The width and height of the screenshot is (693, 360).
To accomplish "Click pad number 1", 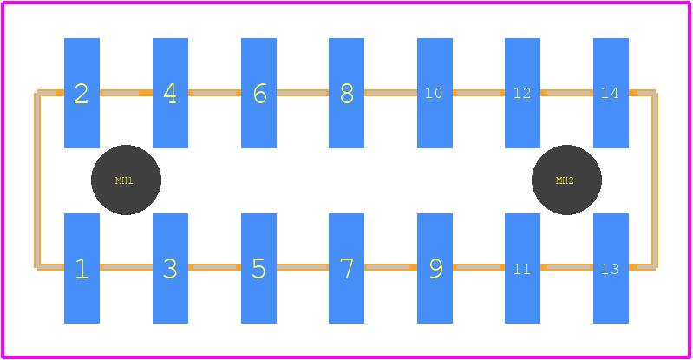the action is pyautogui.click(x=82, y=268).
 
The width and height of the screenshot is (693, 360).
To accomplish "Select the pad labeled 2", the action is pyautogui.click(x=82, y=93).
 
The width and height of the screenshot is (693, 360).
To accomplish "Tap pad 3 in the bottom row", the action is pyautogui.click(x=170, y=268).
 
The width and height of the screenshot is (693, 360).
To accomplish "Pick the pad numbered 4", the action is pyautogui.click(x=170, y=93).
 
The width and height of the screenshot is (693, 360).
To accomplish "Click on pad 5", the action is pyautogui.click(x=258, y=268).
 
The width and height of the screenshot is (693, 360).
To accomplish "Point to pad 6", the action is pyautogui.click(x=258, y=93).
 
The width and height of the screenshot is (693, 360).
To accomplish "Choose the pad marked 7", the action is pyautogui.click(x=347, y=268).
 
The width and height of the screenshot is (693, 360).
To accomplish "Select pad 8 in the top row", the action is pyautogui.click(x=347, y=93).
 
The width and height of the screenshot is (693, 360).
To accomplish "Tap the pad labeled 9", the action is pyautogui.click(x=435, y=268).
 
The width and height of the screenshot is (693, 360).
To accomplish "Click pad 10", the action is pyautogui.click(x=435, y=93).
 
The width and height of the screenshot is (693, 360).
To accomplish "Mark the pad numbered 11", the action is pyautogui.click(x=522, y=268).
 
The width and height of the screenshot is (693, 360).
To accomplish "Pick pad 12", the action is pyautogui.click(x=522, y=93).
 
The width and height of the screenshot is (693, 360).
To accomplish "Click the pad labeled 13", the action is pyautogui.click(x=611, y=268).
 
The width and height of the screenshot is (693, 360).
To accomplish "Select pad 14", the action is pyautogui.click(x=611, y=93).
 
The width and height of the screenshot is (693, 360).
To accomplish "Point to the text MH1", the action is pyautogui.click(x=124, y=180).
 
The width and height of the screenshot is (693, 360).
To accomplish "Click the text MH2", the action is pyautogui.click(x=565, y=180).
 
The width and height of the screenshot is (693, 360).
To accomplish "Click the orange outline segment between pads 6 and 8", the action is pyautogui.click(x=303, y=93).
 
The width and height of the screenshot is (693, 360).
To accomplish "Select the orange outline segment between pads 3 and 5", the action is pyautogui.click(x=215, y=267).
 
